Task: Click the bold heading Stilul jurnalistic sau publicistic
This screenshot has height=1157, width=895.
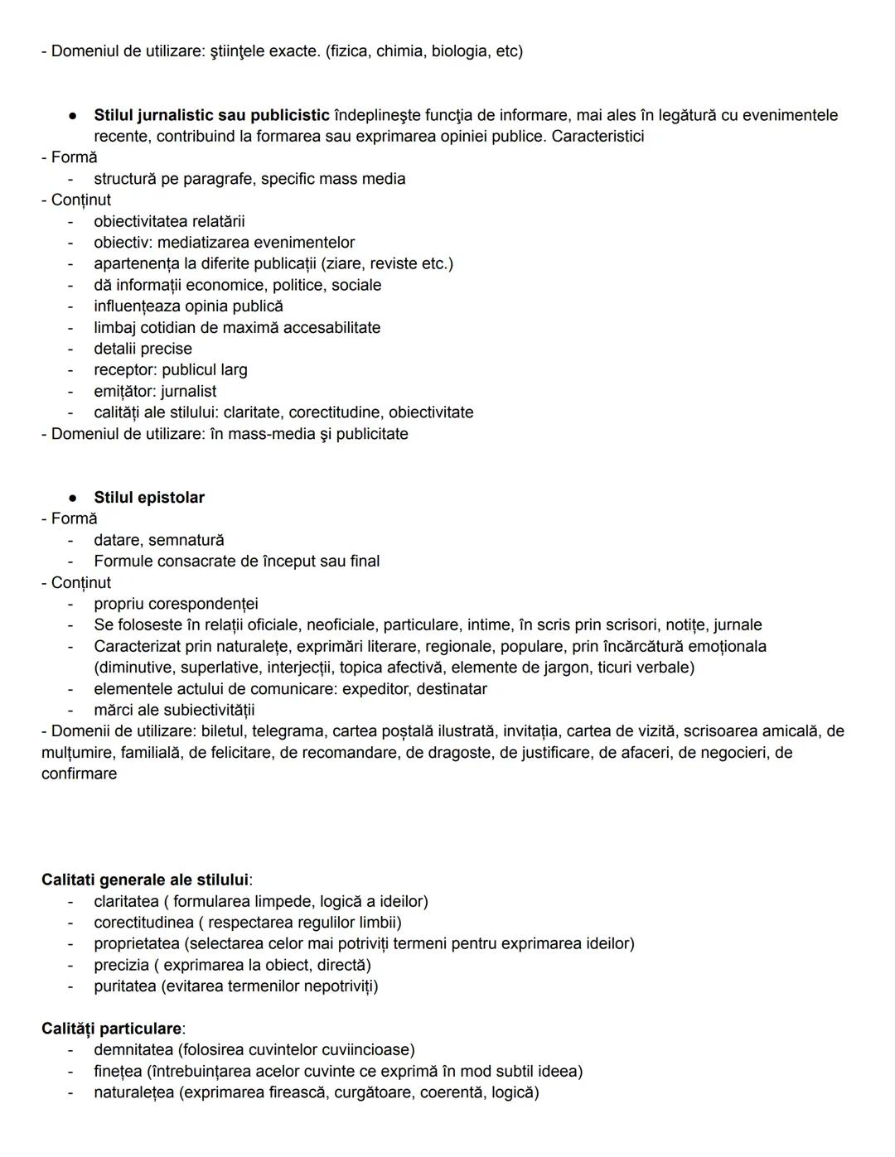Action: (x=211, y=115)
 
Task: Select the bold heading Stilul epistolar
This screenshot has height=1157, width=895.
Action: (x=149, y=498)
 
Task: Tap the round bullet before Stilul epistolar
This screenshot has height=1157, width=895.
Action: (x=73, y=498)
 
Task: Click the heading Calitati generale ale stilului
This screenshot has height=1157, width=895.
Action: (x=146, y=880)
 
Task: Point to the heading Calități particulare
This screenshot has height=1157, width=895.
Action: (x=112, y=1029)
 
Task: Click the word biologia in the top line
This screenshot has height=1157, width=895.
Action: (x=460, y=51)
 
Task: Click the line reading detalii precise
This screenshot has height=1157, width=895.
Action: (x=143, y=349)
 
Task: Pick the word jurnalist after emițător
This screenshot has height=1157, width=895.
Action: (x=188, y=391)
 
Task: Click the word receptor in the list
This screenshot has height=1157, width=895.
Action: (x=124, y=370)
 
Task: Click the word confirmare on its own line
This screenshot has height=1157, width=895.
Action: (x=79, y=774)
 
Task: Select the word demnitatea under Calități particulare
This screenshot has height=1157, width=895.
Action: (x=133, y=1049)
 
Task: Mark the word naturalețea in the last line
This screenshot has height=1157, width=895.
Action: (x=133, y=1092)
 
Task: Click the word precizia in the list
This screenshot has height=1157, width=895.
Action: (x=121, y=965)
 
